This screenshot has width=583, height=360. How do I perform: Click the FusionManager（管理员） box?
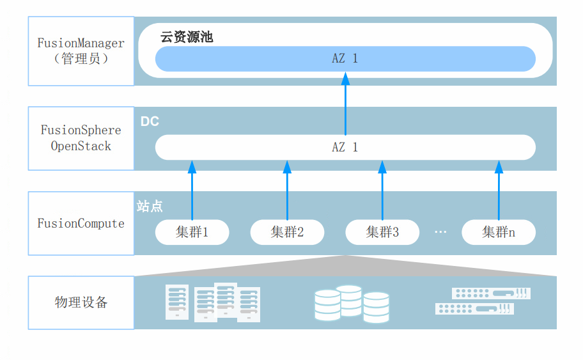point(81,51)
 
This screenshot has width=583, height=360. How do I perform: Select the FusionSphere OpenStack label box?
point(81,138)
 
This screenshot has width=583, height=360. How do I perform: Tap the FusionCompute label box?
point(81,223)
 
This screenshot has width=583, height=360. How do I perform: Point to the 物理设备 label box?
point(81,302)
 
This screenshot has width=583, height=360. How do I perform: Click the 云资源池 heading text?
point(187,37)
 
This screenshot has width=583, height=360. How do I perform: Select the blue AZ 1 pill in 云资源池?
point(345,59)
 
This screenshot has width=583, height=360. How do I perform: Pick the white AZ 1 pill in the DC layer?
point(345,147)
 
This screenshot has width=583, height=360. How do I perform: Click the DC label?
point(150,121)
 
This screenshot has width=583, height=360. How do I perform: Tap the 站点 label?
point(150,207)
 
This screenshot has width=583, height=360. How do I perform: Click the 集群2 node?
point(287,232)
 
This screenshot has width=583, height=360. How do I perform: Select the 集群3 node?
point(382,232)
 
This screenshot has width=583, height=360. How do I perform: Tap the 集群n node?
point(499,232)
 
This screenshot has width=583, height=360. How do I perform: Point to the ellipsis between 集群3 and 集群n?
point(440,231)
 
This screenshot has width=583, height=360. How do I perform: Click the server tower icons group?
point(213,302)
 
